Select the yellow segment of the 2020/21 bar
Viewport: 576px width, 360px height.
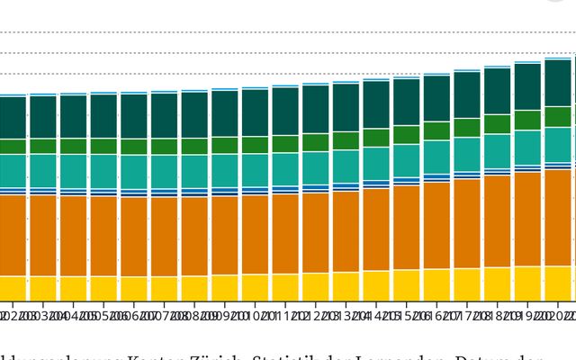tap(558, 283)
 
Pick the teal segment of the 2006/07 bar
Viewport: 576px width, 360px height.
tap(134, 172)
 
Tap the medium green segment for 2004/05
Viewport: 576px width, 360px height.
tap(74, 146)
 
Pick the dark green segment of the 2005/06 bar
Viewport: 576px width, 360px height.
tap(103, 116)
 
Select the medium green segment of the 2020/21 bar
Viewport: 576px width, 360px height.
tap(558, 118)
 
